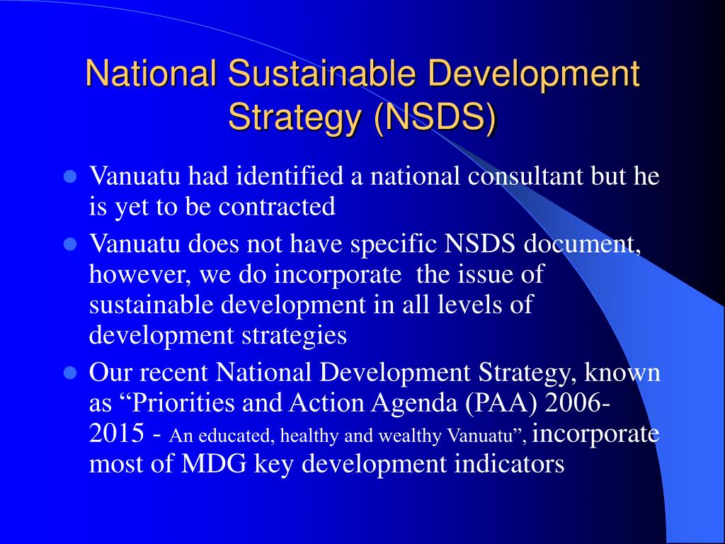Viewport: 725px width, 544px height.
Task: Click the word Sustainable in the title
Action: [x=305, y=74]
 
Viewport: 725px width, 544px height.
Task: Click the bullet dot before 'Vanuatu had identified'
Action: [x=69, y=176]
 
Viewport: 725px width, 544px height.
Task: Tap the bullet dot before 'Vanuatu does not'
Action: [x=69, y=244]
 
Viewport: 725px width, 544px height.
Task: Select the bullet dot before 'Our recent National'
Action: [x=69, y=372]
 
